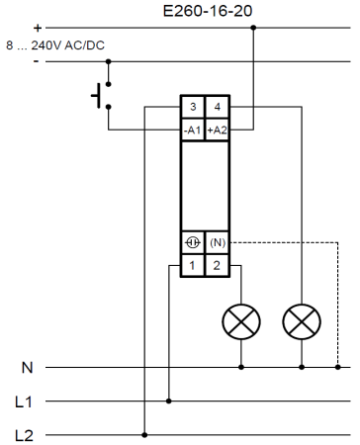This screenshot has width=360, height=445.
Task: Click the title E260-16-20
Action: pos(208,11)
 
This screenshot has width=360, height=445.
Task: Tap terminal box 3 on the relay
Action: pos(193,107)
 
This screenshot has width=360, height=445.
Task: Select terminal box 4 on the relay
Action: pos(217,107)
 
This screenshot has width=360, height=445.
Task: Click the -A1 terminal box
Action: pos(193,130)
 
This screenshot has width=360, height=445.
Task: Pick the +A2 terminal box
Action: pos(217,130)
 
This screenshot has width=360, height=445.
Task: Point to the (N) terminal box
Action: pos(217,242)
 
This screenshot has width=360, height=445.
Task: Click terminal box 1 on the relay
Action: pos(193,265)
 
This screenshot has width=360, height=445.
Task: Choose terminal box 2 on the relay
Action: pos(217,265)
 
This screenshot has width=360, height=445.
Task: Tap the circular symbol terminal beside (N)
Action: pos(193,242)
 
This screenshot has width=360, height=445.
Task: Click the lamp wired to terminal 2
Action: pos(241,321)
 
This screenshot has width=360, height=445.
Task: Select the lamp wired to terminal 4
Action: pos(302,321)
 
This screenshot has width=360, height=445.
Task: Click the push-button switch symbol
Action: pos(102,96)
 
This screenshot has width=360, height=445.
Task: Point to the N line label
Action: pos(28,367)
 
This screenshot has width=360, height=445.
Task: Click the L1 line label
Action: pos(24,401)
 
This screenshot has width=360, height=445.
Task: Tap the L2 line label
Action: pos(24,436)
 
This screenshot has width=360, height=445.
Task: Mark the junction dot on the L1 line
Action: pos(169,401)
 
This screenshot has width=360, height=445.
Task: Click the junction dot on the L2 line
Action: pos(144,435)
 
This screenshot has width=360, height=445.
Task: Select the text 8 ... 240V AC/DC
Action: pos(55,45)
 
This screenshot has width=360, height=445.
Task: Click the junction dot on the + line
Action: pos(253,28)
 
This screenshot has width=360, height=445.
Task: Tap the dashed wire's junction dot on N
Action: pos(337,367)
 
